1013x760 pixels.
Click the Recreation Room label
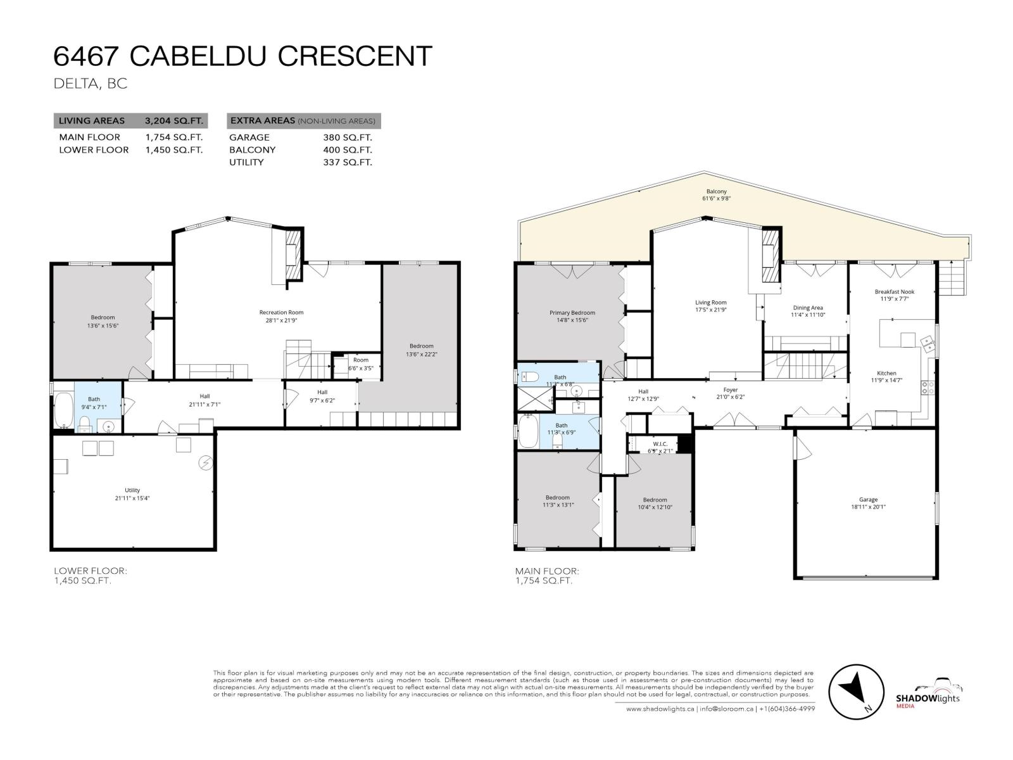point(281,312)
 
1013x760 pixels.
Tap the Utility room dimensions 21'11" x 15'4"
point(132,498)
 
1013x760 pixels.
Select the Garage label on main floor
point(868,499)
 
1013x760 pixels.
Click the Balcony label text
point(716,191)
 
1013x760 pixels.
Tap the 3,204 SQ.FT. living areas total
point(173,121)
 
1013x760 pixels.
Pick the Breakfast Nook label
point(894,292)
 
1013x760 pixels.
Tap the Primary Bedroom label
point(572,313)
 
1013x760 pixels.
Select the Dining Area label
point(807,308)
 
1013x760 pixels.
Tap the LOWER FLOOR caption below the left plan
point(90,571)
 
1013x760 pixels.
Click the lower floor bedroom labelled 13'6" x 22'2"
point(421,346)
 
